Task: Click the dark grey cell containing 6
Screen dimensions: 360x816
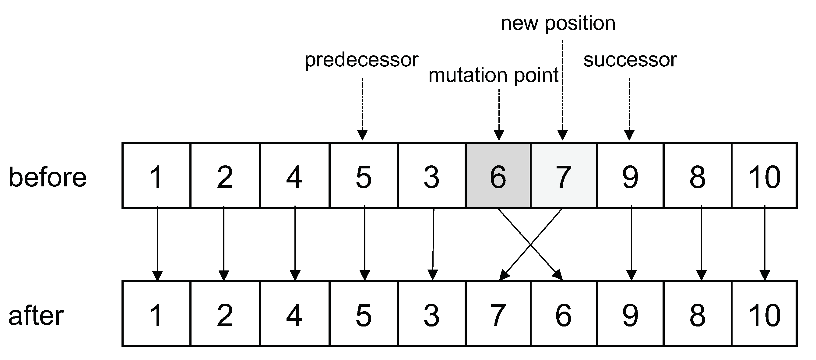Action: [x=498, y=175]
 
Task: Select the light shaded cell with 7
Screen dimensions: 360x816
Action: [x=564, y=175]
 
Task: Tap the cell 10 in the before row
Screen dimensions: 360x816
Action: [x=764, y=175]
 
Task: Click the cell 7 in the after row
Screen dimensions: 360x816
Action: [x=498, y=314]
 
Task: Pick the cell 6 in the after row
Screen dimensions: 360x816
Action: [x=564, y=314]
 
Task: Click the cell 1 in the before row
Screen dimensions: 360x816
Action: [x=156, y=175]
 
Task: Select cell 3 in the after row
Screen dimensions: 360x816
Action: [x=431, y=314]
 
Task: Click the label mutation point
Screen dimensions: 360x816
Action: [x=493, y=76]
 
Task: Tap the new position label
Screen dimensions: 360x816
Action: [x=558, y=23]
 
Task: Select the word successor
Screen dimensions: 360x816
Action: [x=630, y=60]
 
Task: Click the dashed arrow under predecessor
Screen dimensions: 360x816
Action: [x=362, y=108]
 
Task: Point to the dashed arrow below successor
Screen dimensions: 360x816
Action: [x=629, y=108]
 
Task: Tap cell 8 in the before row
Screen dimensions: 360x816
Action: [x=698, y=175]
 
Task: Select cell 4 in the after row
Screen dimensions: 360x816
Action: [x=294, y=314]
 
